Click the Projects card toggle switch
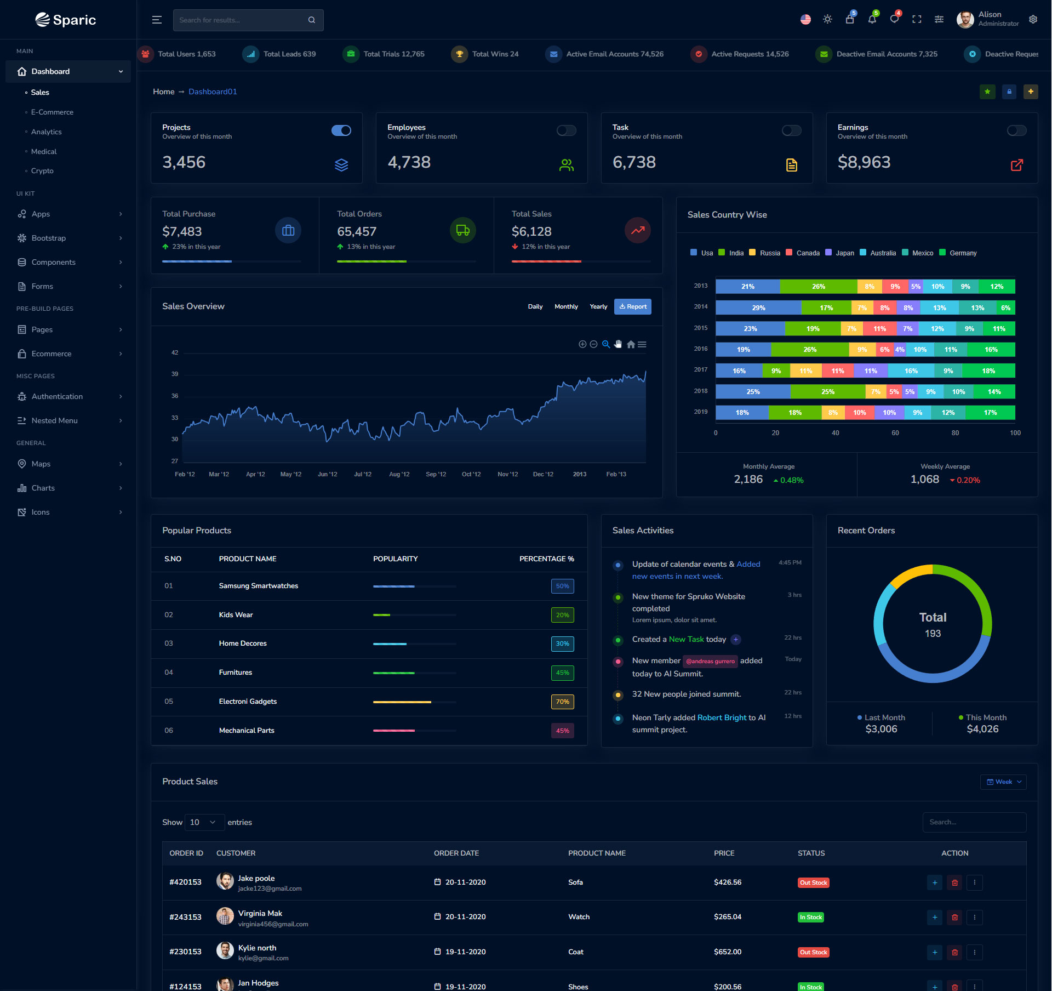pos(341,130)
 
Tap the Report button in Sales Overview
pos(632,307)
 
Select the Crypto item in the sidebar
pos(42,171)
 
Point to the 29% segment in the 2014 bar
pos(758,308)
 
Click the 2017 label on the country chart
pos(700,370)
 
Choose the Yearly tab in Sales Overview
pos(598,307)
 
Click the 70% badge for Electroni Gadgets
pos(562,702)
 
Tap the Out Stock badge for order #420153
pos(813,883)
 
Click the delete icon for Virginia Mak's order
pos(954,918)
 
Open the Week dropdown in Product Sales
pos(1003,782)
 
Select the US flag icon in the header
pos(805,20)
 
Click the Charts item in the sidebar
pos(43,488)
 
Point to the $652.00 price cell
pos(727,952)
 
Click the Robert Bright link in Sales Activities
pos(722,718)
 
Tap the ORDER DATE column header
pos(456,853)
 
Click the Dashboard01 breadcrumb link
pos(213,92)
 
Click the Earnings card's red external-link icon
pos(1016,165)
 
